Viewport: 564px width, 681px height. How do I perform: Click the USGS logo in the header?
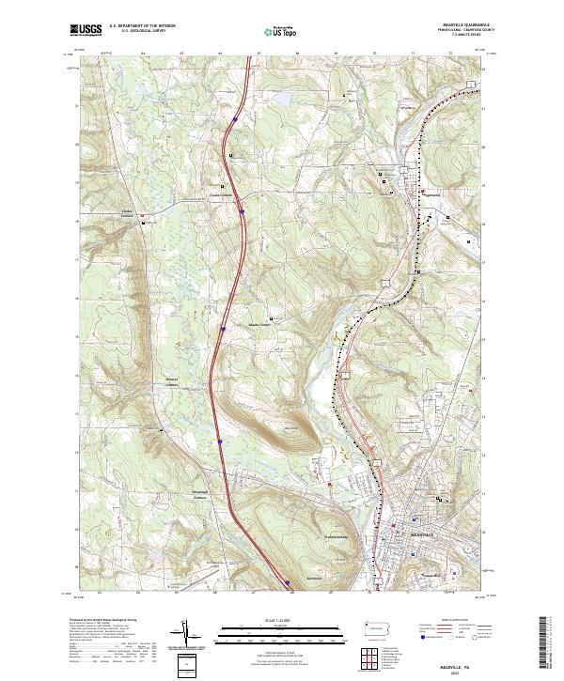[x=86, y=30]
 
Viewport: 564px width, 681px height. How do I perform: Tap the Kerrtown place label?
[x=316, y=578]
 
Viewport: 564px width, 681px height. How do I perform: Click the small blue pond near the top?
[x=280, y=97]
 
